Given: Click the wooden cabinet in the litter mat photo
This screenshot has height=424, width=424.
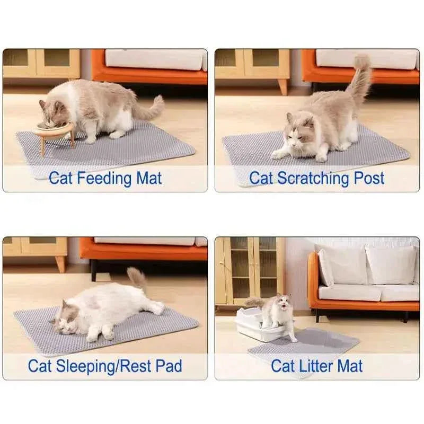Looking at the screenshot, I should [x=249, y=270].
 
